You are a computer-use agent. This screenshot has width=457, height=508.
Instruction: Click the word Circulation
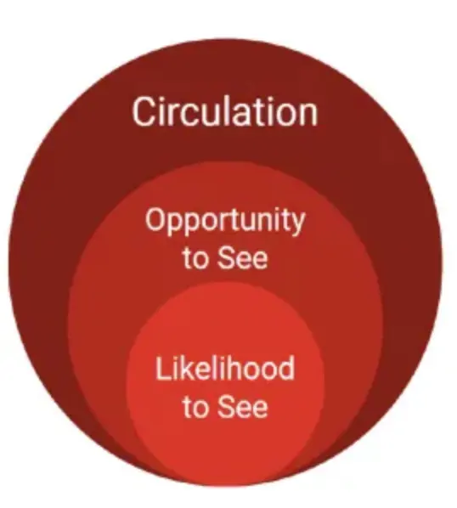[225, 111]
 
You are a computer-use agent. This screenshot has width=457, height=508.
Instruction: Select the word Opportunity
[225, 221]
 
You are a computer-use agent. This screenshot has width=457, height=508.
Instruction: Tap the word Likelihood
[225, 368]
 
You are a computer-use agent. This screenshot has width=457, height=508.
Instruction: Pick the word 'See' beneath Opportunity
[243, 257]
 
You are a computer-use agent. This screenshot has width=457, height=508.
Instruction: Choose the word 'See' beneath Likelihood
[243, 406]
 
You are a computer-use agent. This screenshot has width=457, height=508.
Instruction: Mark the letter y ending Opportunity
[297, 223]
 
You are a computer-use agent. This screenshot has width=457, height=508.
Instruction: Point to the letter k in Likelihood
[183, 368]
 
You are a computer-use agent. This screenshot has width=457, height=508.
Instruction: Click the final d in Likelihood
[286, 368]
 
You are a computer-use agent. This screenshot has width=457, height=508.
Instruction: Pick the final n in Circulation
[309, 116]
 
